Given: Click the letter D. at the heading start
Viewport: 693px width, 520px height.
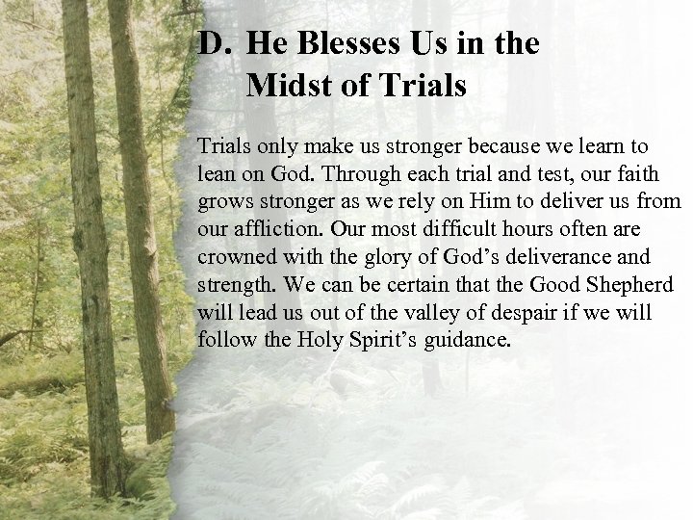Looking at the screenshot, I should [213, 44].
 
